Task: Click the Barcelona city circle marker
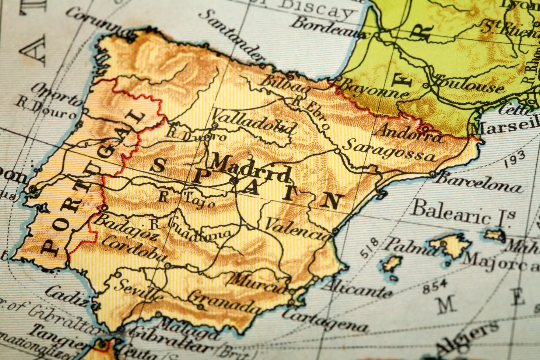(x=432, y=174)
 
